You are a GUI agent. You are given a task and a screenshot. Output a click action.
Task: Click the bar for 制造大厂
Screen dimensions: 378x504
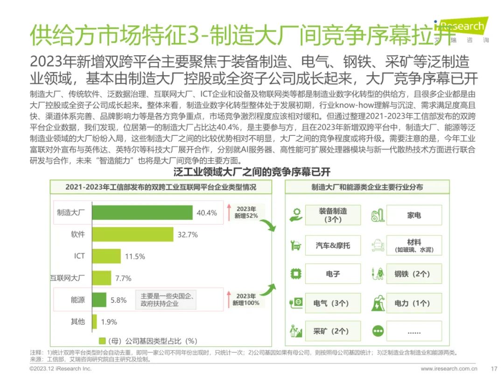coord(142,212)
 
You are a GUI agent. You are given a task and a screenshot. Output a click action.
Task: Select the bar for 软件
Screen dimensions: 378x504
coord(133,234)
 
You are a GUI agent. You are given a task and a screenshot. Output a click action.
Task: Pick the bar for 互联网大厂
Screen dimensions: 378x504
coord(102,278)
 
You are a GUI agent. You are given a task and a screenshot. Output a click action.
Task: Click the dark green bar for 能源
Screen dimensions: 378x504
coord(99,300)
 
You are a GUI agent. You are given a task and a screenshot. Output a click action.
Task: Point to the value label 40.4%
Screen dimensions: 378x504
coord(207,213)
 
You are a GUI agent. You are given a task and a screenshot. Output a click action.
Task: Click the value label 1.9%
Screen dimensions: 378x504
coord(109,322)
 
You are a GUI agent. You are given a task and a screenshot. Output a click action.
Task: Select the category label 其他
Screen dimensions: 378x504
coord(77,322)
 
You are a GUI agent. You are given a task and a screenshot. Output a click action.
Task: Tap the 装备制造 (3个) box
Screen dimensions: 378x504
coord(333,215)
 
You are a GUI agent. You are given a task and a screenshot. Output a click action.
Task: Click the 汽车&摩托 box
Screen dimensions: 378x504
coord(333,245)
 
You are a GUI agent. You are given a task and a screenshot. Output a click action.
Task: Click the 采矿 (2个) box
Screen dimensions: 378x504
coord(333,331)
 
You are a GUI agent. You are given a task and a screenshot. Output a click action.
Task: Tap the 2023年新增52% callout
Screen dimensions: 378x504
coord(246,212)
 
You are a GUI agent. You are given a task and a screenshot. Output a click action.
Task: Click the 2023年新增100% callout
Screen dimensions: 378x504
coord(246,300)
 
